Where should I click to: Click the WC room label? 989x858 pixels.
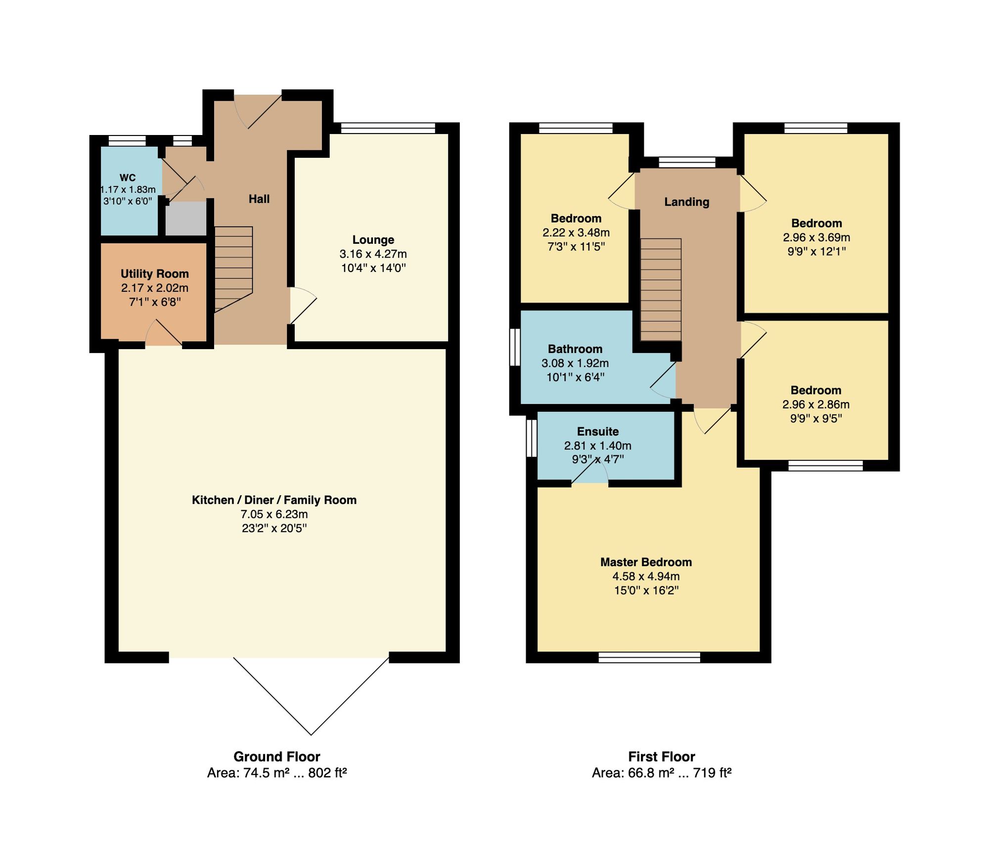tap(128, 178)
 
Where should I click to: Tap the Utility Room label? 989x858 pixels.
tap(155, 274)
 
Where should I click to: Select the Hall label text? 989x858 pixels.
tap(259, 199)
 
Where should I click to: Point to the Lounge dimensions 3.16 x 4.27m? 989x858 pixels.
tap(373, 254)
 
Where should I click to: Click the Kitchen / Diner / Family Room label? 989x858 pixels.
tap(274, 500)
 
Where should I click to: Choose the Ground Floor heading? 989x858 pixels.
tap(277, 757)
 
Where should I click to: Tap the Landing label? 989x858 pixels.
tap(687, 202)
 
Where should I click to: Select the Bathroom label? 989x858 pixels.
tap(575, 349)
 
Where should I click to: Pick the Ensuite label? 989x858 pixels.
tap(598, 432)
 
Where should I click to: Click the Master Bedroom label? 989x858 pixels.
tap(646, 562)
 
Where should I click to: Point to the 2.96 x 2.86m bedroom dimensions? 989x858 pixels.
tap(816, 405)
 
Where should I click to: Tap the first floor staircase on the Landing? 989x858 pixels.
tap(661, 290)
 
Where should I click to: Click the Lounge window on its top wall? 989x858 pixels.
tap(388, 128)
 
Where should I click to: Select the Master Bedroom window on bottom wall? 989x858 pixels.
tap(649, 657)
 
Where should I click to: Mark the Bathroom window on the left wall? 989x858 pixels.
tap(515, 347)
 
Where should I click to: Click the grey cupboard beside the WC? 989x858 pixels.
tap(185, 218)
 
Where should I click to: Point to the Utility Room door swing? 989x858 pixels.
tap(164, 332)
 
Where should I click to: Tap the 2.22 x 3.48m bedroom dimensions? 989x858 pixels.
tap(576, 232)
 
